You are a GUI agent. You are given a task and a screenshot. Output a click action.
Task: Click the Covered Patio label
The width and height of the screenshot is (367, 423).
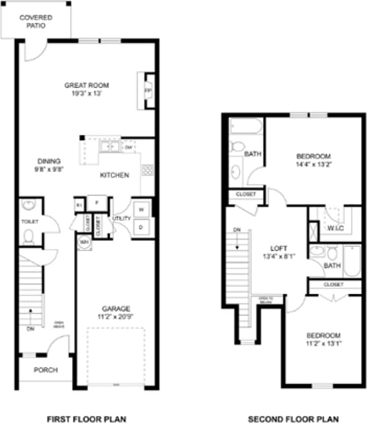click(x=36, y=21)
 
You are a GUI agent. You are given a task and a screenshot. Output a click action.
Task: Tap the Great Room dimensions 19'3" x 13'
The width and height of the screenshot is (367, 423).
click(x=87, y=94)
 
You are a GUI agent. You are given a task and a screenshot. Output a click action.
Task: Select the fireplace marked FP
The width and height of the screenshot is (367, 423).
click(x=148, y=91)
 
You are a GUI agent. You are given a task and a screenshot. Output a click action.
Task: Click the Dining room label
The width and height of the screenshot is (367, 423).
click(x=49, y=162)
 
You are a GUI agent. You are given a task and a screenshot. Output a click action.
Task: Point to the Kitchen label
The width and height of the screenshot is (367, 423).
click(x=114, y=175)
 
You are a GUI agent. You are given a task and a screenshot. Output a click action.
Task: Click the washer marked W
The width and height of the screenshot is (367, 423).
click(x=142, y=209)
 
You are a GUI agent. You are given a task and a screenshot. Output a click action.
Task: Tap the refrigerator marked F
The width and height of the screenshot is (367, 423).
click(x=96, y=202)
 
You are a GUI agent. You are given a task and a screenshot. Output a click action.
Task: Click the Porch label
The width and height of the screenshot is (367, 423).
click(x=46, y=370)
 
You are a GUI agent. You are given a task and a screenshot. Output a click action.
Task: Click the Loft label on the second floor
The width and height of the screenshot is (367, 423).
click(x=275, y=248)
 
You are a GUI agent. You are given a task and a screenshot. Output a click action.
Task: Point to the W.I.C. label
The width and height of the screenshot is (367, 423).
click(x=336, y=228)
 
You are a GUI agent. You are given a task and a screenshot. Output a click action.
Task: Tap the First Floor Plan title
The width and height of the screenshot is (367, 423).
click(x=87, y=419)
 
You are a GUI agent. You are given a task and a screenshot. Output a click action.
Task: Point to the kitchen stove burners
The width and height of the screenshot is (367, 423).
click(x=148, y=170)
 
